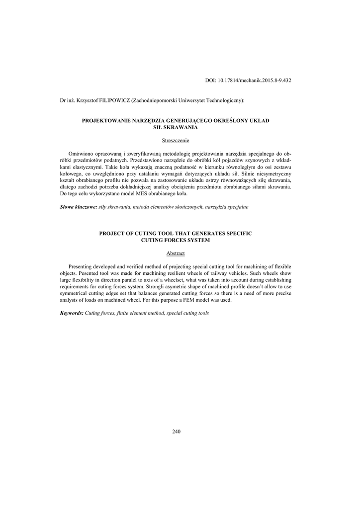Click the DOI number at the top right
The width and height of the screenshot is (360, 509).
(248, 80)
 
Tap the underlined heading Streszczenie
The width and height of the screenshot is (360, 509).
(176, 141)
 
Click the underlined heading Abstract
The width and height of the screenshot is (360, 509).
(176, 254)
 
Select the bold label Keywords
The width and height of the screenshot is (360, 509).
(72, 313)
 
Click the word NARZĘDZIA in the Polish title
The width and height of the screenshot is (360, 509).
(137, 121)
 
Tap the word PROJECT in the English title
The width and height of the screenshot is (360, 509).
(113, 233)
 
